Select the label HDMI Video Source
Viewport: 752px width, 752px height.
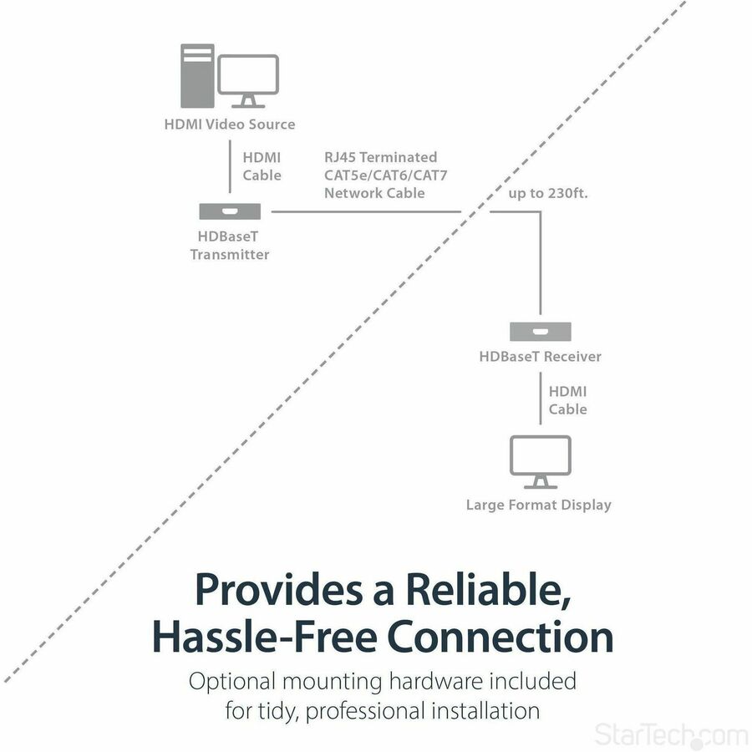229,124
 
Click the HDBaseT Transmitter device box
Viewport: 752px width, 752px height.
230,211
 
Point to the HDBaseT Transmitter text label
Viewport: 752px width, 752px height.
230,246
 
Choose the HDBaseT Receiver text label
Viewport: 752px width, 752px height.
540,357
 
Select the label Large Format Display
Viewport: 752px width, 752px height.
539,505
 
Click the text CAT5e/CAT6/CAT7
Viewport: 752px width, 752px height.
380,175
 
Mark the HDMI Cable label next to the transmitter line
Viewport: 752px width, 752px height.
262,166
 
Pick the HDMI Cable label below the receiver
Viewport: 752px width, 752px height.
567,400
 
